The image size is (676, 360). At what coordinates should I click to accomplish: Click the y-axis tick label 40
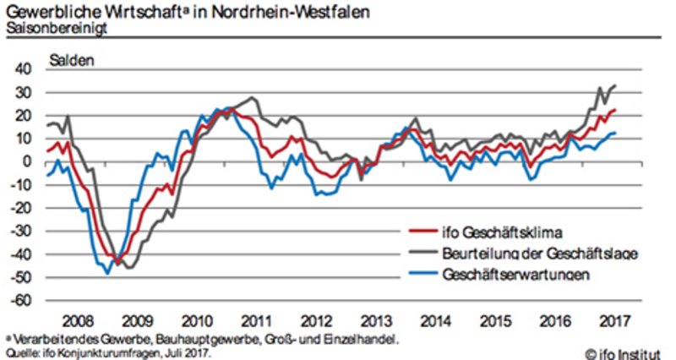tap(25, 68)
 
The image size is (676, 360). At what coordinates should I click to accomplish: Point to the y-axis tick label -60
tap(23, 300)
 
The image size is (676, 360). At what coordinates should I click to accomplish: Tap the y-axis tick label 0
tap(29, 161)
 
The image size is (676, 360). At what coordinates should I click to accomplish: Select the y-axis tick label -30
tap(23, 231)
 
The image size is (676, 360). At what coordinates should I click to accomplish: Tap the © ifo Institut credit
tap(624, 351)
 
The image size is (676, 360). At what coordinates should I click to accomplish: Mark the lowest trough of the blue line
tap(107, 273)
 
